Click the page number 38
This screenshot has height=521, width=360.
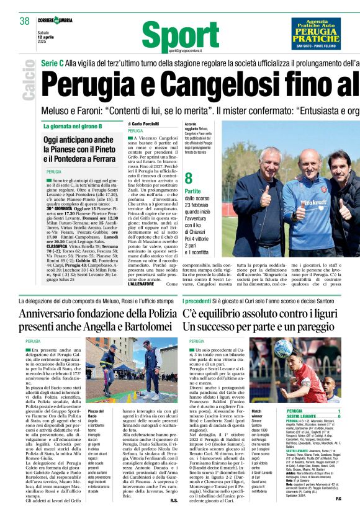point(24,21)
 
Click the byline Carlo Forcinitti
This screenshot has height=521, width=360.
point(146,125)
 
